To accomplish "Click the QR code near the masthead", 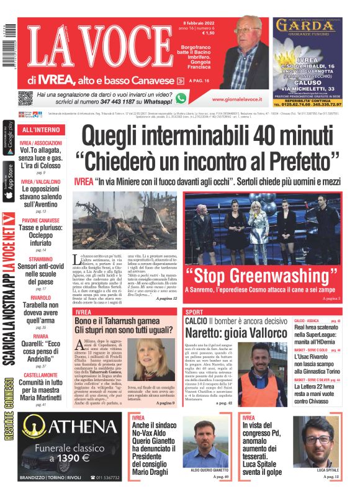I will (25, 98).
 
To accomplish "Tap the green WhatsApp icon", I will (181, 98).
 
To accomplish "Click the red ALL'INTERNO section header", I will (41, 130).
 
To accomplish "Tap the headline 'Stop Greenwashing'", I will (262, 274).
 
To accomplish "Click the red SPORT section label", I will (194, 312).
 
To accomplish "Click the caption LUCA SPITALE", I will (327, 470).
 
